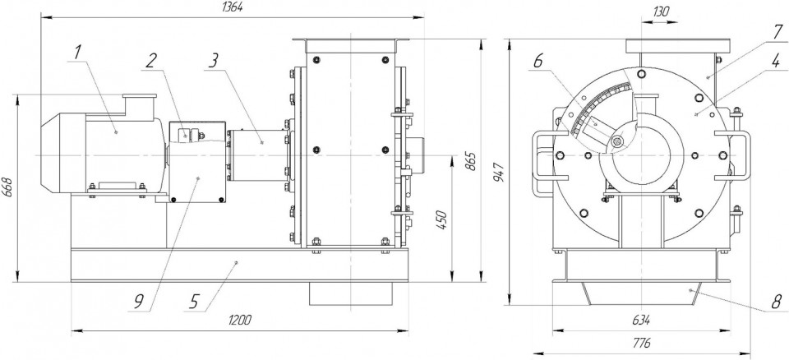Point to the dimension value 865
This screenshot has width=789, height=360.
471,160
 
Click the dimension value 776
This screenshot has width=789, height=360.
642,344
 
